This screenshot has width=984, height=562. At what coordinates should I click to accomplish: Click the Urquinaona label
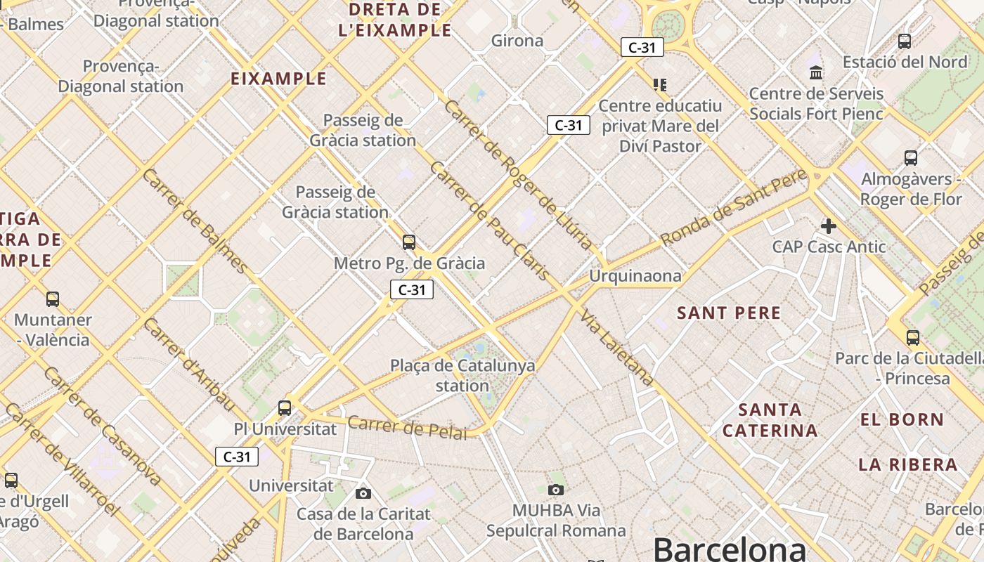(x=635, y=276)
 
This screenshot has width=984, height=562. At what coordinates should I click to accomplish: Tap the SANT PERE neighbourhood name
(x=729, y=313)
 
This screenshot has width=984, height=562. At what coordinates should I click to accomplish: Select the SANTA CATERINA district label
(x=770, y=420)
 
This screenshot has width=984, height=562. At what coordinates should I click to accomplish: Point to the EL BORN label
(x=902, y=420)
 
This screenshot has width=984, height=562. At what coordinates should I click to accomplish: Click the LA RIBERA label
(x=908, y=464)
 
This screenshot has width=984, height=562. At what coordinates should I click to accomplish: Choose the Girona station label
(x=517, y=41)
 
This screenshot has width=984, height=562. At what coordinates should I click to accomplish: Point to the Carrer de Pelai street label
(x=407, y=427)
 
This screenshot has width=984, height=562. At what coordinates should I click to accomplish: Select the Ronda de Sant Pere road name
(x=735, y=209)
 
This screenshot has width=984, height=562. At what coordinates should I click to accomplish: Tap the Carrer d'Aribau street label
(x=188, y=363)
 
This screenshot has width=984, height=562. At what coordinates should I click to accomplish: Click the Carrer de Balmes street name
(x=195, y=221)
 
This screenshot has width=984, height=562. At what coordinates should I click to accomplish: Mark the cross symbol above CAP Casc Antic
(x=829, y=226)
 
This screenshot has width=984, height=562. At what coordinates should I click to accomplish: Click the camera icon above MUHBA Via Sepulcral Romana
(x=556, y=490)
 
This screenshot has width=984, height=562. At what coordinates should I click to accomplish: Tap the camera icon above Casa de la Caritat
(x=363, y=493)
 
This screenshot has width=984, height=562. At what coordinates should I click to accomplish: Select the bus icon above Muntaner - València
(x=53, y=299)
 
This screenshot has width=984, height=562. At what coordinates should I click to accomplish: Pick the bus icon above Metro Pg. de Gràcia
(x=409, y=242)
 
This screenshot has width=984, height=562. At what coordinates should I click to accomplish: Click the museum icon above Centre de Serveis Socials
(x=816, y=72)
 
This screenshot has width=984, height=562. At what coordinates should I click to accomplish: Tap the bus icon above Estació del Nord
(x=905, y=41)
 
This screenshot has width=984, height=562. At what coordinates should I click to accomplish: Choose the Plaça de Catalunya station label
(x=462, y=375)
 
